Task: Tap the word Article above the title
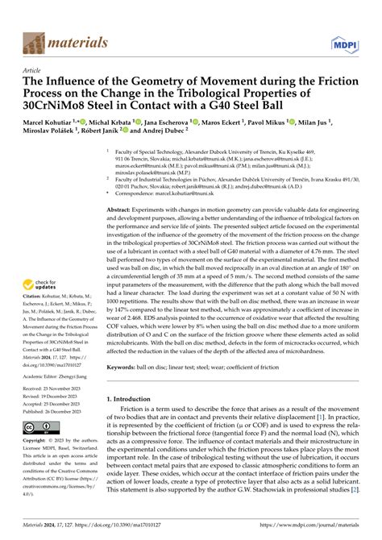click(x=34, y=70)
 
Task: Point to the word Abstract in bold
click(x=122, y=208)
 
